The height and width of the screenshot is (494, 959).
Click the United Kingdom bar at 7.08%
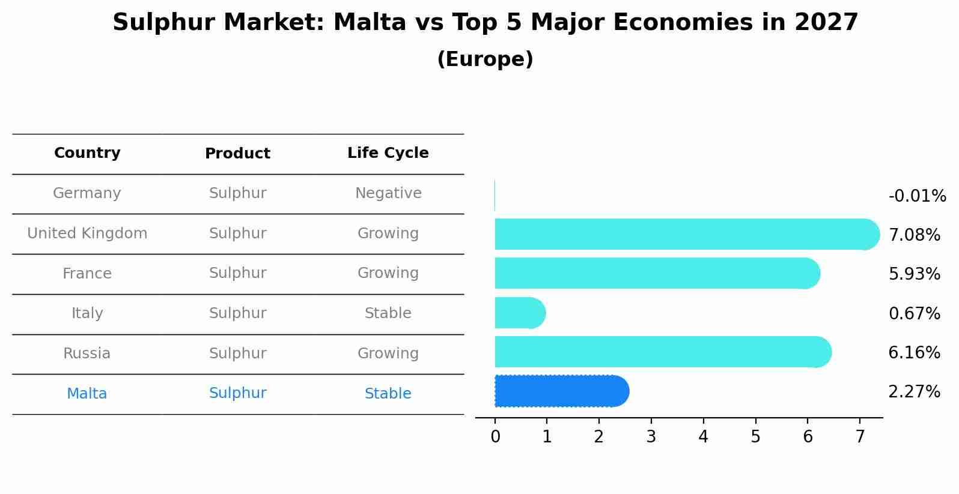click(685, 234)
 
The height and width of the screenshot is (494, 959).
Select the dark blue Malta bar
click(561, 391)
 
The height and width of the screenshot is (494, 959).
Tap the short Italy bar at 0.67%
click(519, 313)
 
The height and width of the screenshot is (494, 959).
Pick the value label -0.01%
click(917, 196)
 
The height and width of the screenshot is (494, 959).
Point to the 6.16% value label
click(914, 352)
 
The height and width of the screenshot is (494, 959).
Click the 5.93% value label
click(914, 274)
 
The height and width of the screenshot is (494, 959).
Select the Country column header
click(87, 153)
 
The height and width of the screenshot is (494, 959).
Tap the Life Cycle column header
click(388, 153)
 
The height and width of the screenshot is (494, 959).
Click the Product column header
click(237, 154)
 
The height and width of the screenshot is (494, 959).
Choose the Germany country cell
click(87, 193)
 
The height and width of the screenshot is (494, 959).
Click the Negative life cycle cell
click(388, 193)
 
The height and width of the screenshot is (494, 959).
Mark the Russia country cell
click(87, 354)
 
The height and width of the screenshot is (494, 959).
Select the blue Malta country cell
click(87, 394)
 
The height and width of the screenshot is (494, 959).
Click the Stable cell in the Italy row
click(388, 313)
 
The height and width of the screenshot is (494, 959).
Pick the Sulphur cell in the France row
click(237, 273)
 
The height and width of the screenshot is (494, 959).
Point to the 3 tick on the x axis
click(651, 437)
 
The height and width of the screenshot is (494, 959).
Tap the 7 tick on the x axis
click(860, 437)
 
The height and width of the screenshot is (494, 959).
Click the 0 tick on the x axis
click(495, 437)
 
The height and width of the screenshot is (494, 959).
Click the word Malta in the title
click(370, 23)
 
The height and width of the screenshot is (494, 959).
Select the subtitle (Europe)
click(485, 59)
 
